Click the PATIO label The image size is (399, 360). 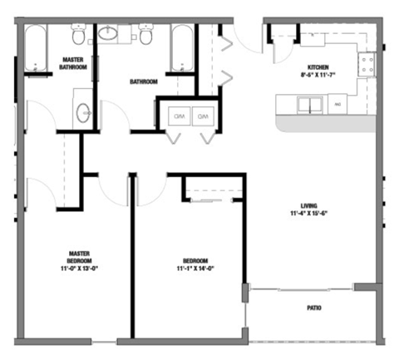point(313,308)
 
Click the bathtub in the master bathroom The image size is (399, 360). point(36,48)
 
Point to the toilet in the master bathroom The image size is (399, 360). point(78,36)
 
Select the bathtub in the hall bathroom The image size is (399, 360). point(182,48)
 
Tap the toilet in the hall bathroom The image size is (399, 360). point(146,35)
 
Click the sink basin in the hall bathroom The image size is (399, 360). point(110,34)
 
